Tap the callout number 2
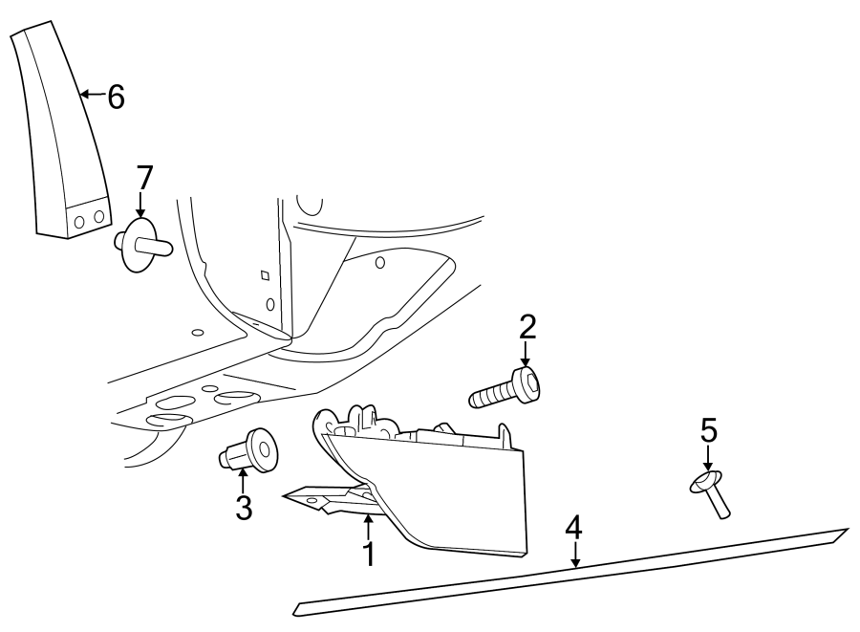coord(527,328)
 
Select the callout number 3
coord(244,507)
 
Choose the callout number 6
coord(116,97)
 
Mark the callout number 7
coord(143,178)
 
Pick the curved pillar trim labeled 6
coord(62,134)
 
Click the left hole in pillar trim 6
coord(79,222)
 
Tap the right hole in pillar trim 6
coord(97,216)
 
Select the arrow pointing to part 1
coord(368,525)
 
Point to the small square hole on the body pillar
coord(265,275)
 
